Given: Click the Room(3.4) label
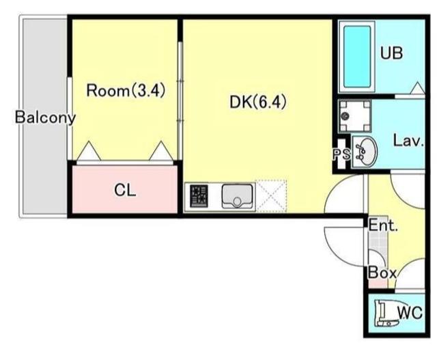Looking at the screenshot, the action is pos(126,91).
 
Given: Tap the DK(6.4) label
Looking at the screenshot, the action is pos(258,102).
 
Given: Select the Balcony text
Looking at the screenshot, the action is pos(45,117).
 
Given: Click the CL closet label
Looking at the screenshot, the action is pos(125,190).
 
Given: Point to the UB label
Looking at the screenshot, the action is pos(391,53).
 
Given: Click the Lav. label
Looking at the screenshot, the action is pos(408,141).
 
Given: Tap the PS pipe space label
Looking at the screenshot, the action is pos(341,154).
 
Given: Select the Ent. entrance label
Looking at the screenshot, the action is pos(383,225).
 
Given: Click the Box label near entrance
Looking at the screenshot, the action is pos(382,273).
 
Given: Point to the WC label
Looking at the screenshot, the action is pos(410,313).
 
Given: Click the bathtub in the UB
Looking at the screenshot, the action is pos(357,57).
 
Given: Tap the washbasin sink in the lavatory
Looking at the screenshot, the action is pos(364,152).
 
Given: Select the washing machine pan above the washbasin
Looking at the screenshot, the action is pos(355,116).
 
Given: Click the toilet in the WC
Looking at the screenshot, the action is pos(386,313).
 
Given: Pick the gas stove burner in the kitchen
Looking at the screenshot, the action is pos(199,196).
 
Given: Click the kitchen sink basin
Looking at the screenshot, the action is pos(238,196).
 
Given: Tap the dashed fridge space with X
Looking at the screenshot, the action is pos(271,196).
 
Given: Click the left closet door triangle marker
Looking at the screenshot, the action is pos(89,151).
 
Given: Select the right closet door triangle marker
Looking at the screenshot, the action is pos(161,151).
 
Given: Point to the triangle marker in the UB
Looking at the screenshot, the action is pos(417,88).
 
